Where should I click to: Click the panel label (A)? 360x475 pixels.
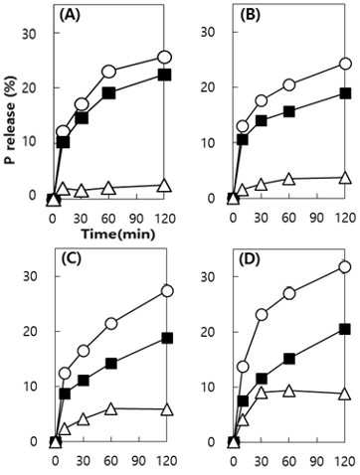pyautogui.click(x=70, y=15)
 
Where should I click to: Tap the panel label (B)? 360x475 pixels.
pyautogui.click(x=251, y=15)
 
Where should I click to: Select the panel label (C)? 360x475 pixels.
pyautogui.click(x=71, y=259)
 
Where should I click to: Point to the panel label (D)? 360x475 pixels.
pyautogui.click(x=250, y=260)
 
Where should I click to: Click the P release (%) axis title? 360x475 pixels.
pyautogui.click(x=10, y=133)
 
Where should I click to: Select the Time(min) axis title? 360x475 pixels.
pyautogui.click(x=118, y=235)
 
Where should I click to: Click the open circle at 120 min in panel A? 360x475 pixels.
pyautogui.click(x=165, y=58)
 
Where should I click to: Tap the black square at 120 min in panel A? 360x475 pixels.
pyautogui.click(x=165, y=75)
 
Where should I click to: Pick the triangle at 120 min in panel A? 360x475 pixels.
pyautogui.click(x=165, y=186)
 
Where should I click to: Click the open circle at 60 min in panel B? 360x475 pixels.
pyautogui.click(x=289, y=85)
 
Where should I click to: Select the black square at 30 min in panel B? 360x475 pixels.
pyautogui.click(x=262, y=121)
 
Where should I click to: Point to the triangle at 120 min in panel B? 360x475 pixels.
pyautogui.click(x=345, y=178)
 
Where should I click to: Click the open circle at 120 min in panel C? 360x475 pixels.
pyautogui.click(x=168, y=291)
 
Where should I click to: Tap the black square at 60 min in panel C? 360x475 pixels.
pyautogui.click(x=111, y=364)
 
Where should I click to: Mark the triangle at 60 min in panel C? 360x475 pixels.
pyautogui.click(x=111, y=409)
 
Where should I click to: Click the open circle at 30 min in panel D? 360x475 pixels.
pyautogui.click(x=262, y=315)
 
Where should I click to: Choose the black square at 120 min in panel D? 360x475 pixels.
pyautogui.click(x=345, y=329)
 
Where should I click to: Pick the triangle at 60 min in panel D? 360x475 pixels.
pyautogui.click(x=289, y=392)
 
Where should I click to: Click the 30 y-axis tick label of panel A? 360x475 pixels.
pyautogui.click(x=29, y=34)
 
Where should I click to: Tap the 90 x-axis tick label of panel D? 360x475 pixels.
pyautogui.click(x=317, y=461)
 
